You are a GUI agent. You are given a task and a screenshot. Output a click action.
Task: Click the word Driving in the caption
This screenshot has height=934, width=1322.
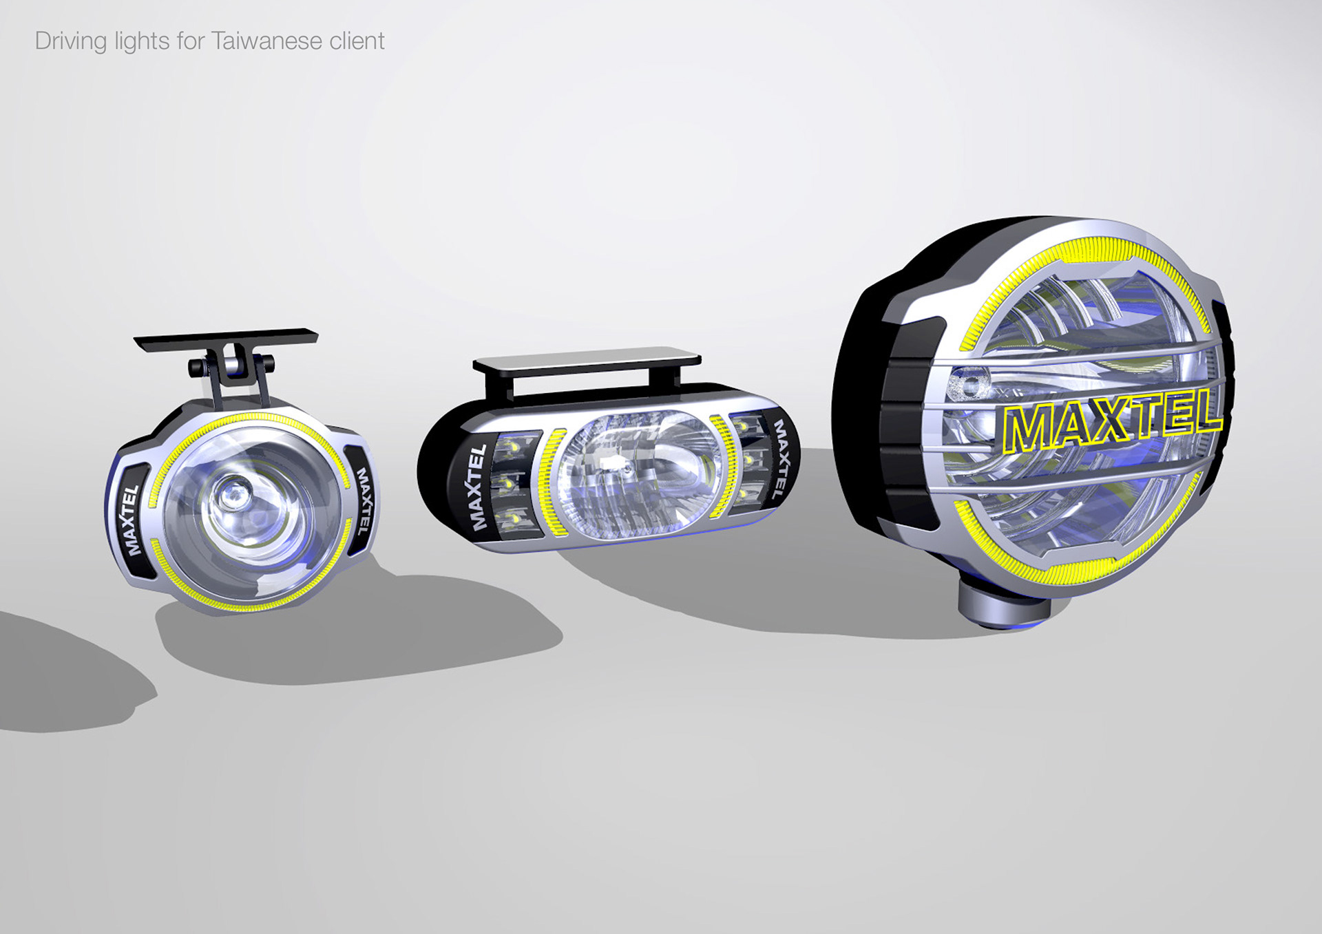71,41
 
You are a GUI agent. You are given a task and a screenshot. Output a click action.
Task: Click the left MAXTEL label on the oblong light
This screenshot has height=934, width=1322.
477,487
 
